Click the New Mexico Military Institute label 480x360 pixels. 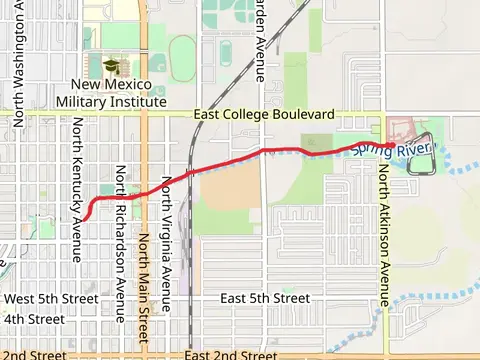click(x=111, y=93)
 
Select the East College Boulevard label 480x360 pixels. click(x=265, y=115)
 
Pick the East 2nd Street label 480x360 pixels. click(x=231, y=354)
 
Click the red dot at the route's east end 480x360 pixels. click(x=388, y=146)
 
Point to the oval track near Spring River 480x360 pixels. click(x=421, y=153)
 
